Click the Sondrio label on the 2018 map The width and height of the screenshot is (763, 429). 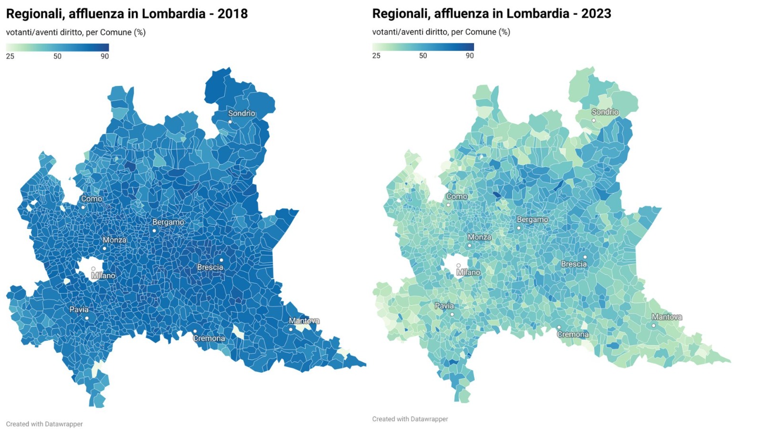click(x=241, y=113)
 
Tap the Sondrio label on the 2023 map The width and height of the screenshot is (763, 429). click(x=605, y=112)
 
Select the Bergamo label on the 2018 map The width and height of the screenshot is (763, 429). click(x=168, y=222)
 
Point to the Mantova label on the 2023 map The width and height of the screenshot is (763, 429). click(x=667, y=317)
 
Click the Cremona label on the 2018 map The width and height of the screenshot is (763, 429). click(x=209, y=338)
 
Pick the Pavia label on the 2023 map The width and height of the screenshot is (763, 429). click(x=444, y=306)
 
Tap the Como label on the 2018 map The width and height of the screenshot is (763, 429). click(x=91, y=199)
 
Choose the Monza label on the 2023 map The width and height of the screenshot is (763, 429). click(x=479, y=237)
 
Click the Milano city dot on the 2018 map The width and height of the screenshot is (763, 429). click(x=93, y=269)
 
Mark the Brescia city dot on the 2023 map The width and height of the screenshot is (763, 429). click(x=585, y=257)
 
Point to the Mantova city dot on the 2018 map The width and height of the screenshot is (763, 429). click(x=290, y=329)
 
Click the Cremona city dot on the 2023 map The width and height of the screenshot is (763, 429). click(x=559, y=327)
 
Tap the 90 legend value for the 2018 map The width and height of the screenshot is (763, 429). click(x=104, y=56)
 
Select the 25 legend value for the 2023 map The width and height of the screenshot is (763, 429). click(x=376, y=56)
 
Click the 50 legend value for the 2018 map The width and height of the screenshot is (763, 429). click(x=57, y=56)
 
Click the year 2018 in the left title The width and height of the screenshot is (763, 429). click(x=232, y=14)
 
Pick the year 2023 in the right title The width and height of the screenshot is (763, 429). click(x=596, y=14)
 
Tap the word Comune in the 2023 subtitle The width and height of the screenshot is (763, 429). click(x=481, y=32)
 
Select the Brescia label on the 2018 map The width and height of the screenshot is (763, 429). click(x=210, y=267)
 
